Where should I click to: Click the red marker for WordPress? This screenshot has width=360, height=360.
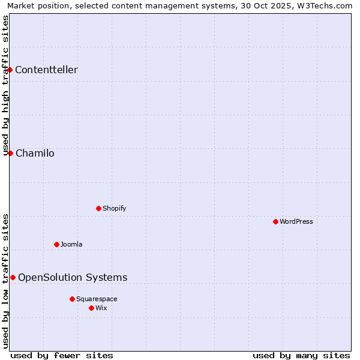click(x=275, y=221)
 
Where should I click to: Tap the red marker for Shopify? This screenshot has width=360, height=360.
click(x=98, y=208)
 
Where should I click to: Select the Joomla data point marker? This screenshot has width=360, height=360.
click(x=56, y=244)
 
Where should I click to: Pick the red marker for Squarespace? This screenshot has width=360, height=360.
click(x=72, y=299)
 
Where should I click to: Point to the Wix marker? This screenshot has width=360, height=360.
click(x=91, y=308)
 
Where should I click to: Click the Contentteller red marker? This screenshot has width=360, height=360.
click(x=10, y=70)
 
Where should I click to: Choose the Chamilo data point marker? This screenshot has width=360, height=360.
click(x=10, y=153)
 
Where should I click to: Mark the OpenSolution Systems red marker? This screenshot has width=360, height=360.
click(x=13, y=277)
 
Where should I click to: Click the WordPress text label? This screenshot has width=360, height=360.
click(x=296, y=221)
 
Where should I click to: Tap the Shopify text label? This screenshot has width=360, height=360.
click(x=114, y=208)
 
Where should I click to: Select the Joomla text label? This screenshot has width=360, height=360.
click(x=71, y=244)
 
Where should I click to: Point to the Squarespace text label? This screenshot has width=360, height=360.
click(x=97, y=299)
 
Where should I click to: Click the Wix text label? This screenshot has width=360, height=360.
click(x=101, y=308)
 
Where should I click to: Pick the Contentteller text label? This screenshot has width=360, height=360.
click(x=46, y=70)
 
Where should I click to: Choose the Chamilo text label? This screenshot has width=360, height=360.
click(x=35, y=153)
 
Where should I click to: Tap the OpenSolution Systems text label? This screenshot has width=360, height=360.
click(x=73, y=277)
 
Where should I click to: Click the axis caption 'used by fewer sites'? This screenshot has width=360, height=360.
click(x=62, y=355)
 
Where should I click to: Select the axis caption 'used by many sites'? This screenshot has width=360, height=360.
click(x=301, y=355)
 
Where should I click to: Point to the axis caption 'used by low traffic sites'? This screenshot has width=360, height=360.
click(x=5, y=281)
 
